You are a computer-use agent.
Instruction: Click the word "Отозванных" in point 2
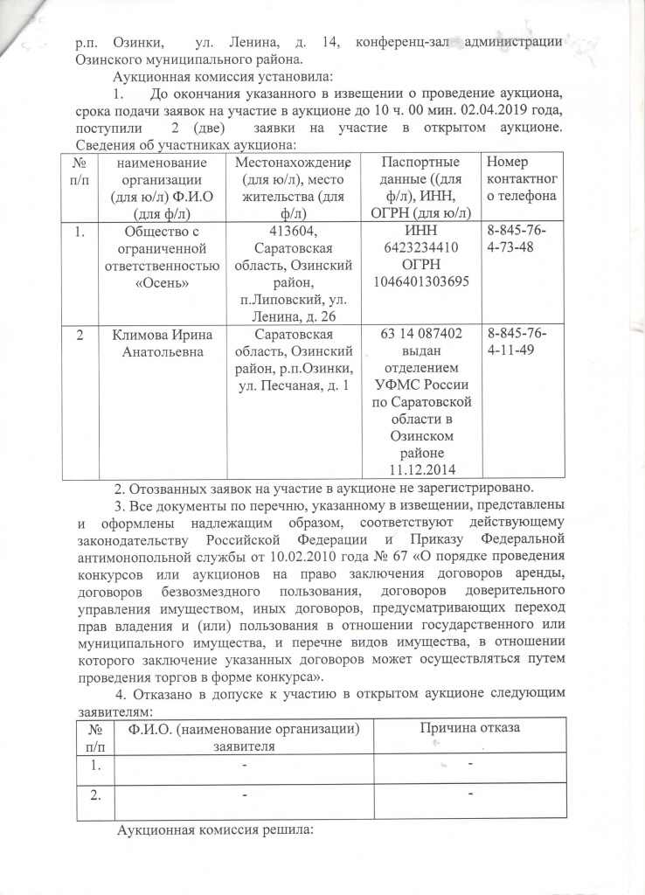pyautogui.click(x=171, y=488)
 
